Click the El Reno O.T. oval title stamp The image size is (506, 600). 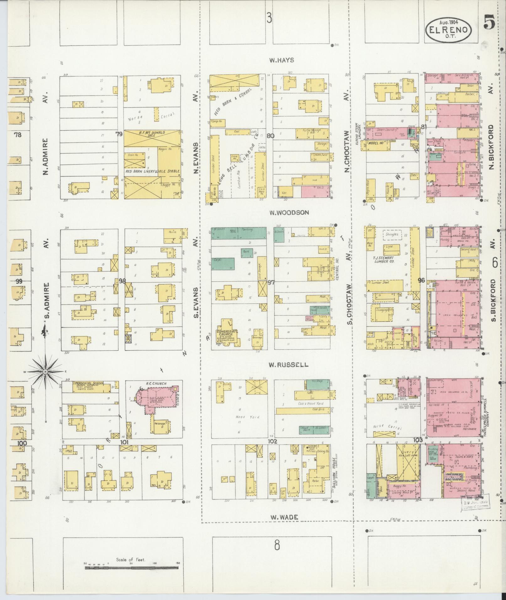(449, 29)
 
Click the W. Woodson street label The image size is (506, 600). (289, 213)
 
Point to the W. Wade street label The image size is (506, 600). (283, 517)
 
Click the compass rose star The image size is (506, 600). (45, 372)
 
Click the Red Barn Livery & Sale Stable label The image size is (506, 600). (153, 171)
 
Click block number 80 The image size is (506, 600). (270, 136)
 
